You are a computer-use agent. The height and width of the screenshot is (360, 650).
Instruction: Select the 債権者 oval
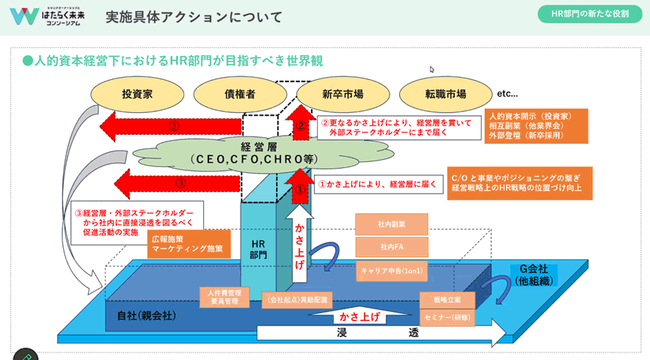(240, 94)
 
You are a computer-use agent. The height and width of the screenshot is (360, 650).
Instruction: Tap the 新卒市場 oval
(343, 94)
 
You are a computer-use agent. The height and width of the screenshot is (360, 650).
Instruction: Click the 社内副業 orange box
(392, 224)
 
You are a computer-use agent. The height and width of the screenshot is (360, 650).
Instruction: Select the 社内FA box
(392, 247)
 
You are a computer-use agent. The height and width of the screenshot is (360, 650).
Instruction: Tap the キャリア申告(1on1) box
(392, 270)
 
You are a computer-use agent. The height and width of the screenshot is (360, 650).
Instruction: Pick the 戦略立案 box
(447, 300)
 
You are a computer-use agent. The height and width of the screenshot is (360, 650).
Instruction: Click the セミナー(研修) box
(447, 317)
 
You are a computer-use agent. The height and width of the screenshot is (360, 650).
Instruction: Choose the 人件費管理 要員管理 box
(219, 296)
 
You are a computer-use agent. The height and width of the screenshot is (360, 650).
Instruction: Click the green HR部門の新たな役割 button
(589, 14)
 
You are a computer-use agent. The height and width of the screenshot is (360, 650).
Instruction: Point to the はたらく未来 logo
(47, 16)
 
